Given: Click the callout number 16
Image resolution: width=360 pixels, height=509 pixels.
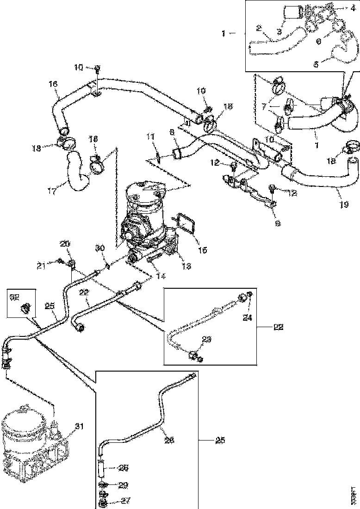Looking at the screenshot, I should pos(53,84).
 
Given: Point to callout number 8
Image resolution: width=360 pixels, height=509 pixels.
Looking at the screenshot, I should pos(172,132).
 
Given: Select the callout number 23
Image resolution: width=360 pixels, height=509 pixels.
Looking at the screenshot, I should pos(206,340).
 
